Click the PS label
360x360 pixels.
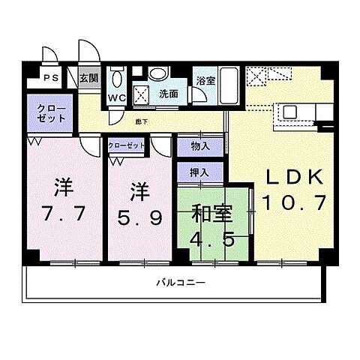[50, 78]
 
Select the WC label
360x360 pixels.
[117, 97]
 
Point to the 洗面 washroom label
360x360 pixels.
[168, 94]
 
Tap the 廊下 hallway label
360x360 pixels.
[141, 121]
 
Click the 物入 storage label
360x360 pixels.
[200, 145]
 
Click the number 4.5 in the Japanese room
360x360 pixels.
[211, 241]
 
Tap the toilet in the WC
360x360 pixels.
[116, 79]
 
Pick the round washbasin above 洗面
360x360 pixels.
[157, 74]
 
